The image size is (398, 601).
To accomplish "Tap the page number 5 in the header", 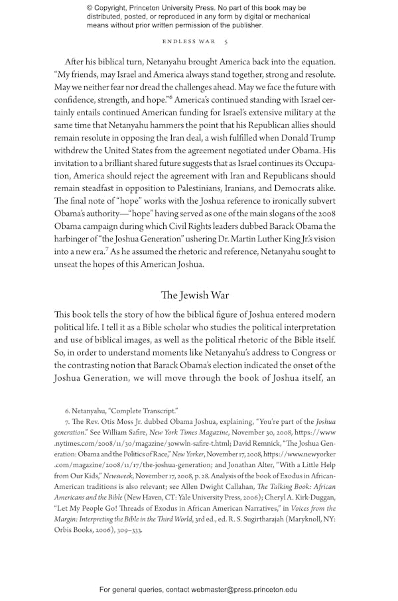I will coord(226,41).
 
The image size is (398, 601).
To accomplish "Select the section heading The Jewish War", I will coord(194,295).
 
